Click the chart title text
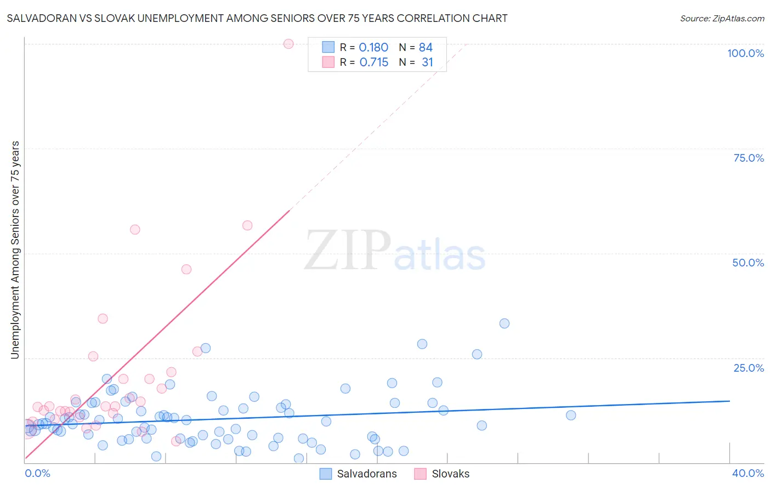coord(257,18)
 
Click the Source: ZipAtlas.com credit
coord(722,18)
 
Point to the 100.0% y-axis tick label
coord(745,53)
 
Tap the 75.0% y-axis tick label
coord(749,158)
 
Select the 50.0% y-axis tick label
coord(748,263)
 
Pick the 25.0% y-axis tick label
coord(749,367)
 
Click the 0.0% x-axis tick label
coord(37,473)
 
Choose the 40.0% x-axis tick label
coord(748,473)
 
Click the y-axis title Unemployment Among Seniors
coord(15,250)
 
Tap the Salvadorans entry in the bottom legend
coord(366,474)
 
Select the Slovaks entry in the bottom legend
coord(450,474)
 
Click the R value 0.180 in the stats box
coord(373,48)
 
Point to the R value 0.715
coord(373,62)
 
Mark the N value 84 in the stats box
coord(426,48)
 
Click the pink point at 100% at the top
coord(288,44)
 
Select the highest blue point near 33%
coord(504,323)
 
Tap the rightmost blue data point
coord(571,415)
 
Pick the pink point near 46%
coord(186,269)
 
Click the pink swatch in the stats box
coord(328,62)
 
